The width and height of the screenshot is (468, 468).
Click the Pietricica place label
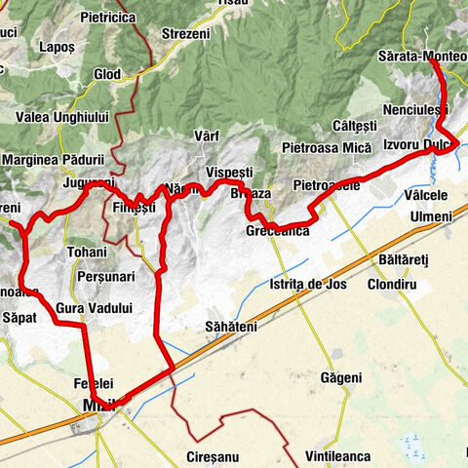coord(108,18)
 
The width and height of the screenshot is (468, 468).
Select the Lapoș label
coord(52,47)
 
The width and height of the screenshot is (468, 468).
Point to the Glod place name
coord(106,74)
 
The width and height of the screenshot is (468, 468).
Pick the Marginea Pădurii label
coord(54,159)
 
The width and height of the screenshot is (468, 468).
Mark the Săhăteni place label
coord(231,326)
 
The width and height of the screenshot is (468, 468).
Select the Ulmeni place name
coord(431,215)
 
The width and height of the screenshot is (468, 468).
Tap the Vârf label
coord(207,136)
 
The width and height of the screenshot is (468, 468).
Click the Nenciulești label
coord(416,109)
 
